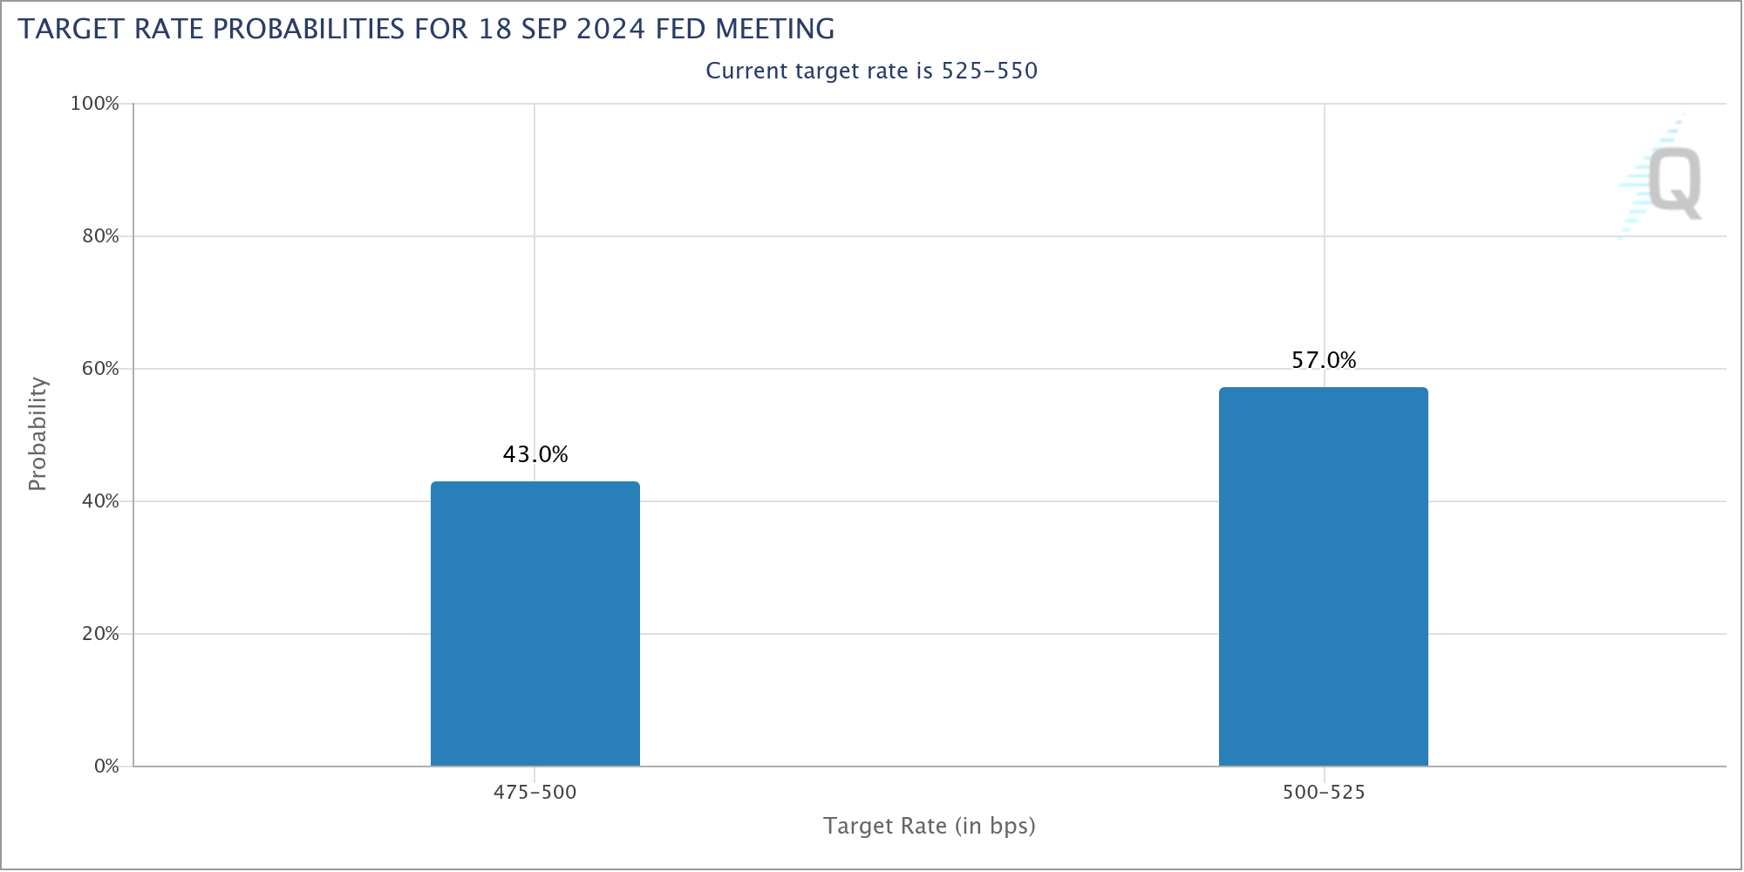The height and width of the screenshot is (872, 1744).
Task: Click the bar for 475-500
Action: [x=535, y=623]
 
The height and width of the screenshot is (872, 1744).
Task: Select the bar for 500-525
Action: [x=1324, y=576]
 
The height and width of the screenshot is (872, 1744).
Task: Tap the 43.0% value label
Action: [x=535, y=454]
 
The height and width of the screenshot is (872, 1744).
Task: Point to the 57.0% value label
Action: [x=1324, y=360]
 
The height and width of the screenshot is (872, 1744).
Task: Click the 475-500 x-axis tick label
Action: [x=535, y=793]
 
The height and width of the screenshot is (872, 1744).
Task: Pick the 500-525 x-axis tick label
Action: [x=1324, y=793]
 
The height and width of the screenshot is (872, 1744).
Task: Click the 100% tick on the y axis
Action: [x=95, y=104]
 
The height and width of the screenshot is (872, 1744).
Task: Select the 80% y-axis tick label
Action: [x=100, y=236]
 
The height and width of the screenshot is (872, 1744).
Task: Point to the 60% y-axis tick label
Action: [x=100, y=369]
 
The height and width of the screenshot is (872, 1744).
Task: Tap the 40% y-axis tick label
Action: [x=100, y=501]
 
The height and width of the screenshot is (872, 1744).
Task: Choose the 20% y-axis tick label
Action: [x=100, y=634]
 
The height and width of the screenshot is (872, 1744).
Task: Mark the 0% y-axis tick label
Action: [x=106, y=766]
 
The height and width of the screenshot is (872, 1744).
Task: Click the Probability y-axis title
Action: [x=37, y=434]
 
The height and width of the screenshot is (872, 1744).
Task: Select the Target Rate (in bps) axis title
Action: [x=930, y=826]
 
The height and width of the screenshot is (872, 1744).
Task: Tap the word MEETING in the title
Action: [x=775, y=29]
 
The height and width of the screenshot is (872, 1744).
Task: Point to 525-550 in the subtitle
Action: [x=990, y=71]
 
